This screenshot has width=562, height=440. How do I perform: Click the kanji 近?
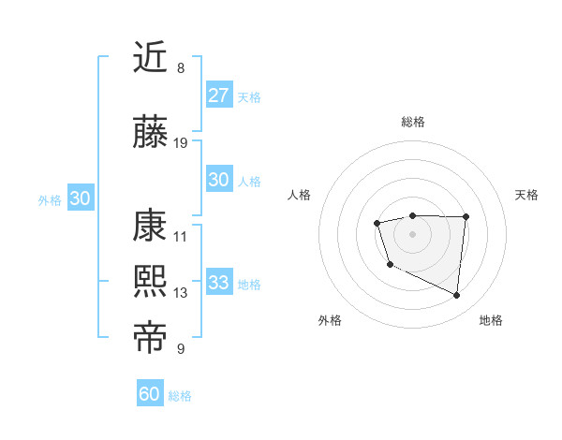[x=150, y=57]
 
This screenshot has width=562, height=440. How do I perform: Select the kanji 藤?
[x=150, y=134]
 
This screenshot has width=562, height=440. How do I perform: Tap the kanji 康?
[x=150, y=227]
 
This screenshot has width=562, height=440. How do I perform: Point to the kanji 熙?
[x=150, y=283]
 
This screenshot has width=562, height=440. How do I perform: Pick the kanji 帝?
[x=150, y=339]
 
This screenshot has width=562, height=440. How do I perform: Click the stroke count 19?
[x=181, y=143]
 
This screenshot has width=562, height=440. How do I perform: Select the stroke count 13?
[x=181, y=293]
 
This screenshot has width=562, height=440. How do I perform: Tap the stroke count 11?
[x=181, y=237]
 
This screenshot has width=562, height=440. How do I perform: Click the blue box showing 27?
[x=218, y=95]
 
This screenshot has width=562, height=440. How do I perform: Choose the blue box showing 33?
[x=218, y=283]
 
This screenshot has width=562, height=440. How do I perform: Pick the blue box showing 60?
[x=150, y=394]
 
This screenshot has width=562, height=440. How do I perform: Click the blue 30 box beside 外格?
[x=80, y=198]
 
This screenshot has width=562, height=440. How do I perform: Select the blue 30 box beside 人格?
[x=218, y=181]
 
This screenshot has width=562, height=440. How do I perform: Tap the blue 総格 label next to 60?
[x=180, y=396]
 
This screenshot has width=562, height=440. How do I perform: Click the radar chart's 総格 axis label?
[x=412, y=122]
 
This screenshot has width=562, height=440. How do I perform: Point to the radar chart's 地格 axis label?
[x=491, y=320]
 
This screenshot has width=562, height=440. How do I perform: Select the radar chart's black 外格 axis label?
[x=330, y=320]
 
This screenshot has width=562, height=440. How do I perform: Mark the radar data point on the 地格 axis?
[x=457, y=296]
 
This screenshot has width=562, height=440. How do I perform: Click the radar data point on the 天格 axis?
[x=466, y=217]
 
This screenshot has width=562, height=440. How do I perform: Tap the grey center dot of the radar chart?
[x=412, y=233]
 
